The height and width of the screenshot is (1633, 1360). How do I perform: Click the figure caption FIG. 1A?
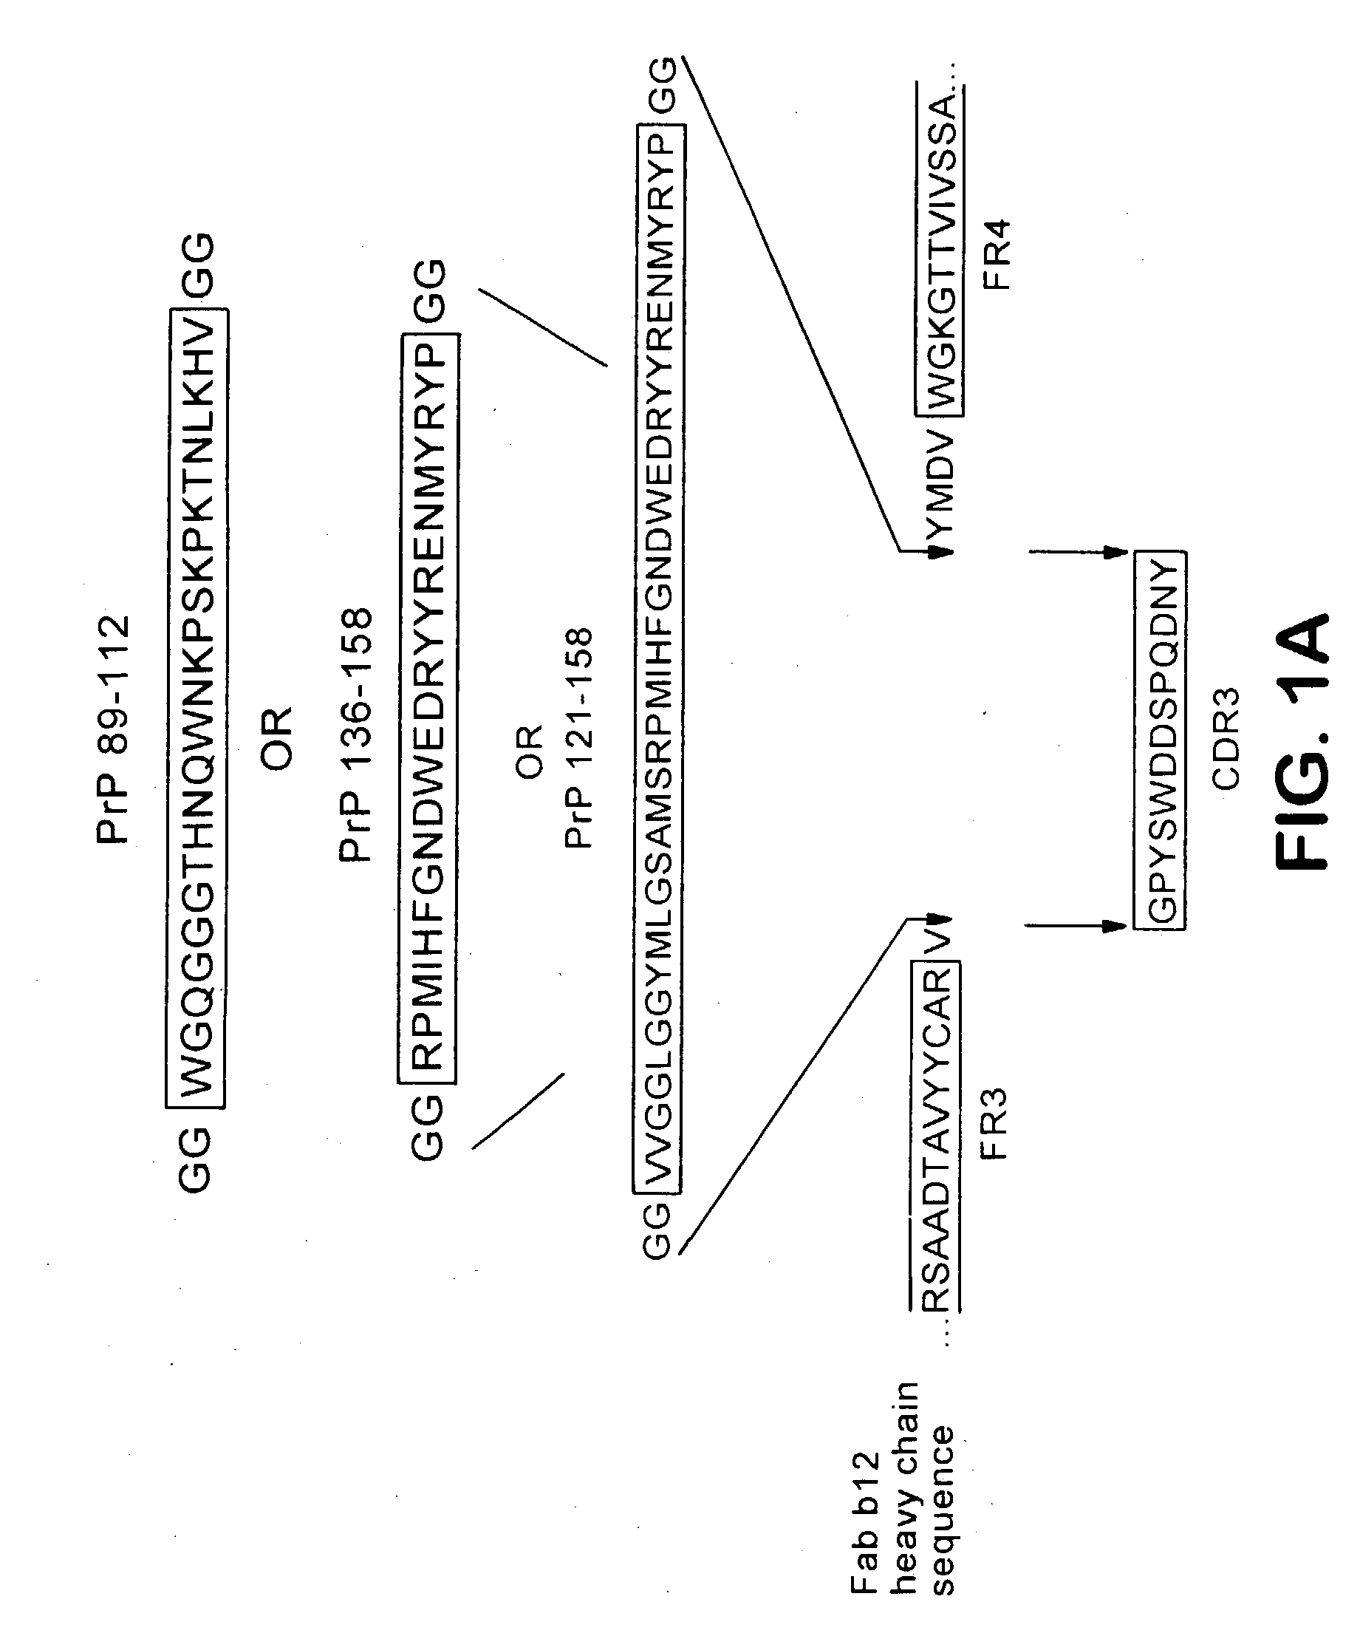[x=1302, y=743]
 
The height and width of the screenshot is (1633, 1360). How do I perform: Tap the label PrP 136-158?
[x=357, y=734]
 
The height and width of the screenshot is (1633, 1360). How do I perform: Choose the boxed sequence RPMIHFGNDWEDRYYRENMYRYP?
[x=428, y=708]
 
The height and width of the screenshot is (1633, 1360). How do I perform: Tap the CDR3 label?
[x=1226, y=739]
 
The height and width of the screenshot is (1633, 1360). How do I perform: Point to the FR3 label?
[x=994, y=1125]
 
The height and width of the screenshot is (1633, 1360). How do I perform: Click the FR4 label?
[x=996, y=255]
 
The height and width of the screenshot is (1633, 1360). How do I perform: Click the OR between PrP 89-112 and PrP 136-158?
[x=276, y=739]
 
